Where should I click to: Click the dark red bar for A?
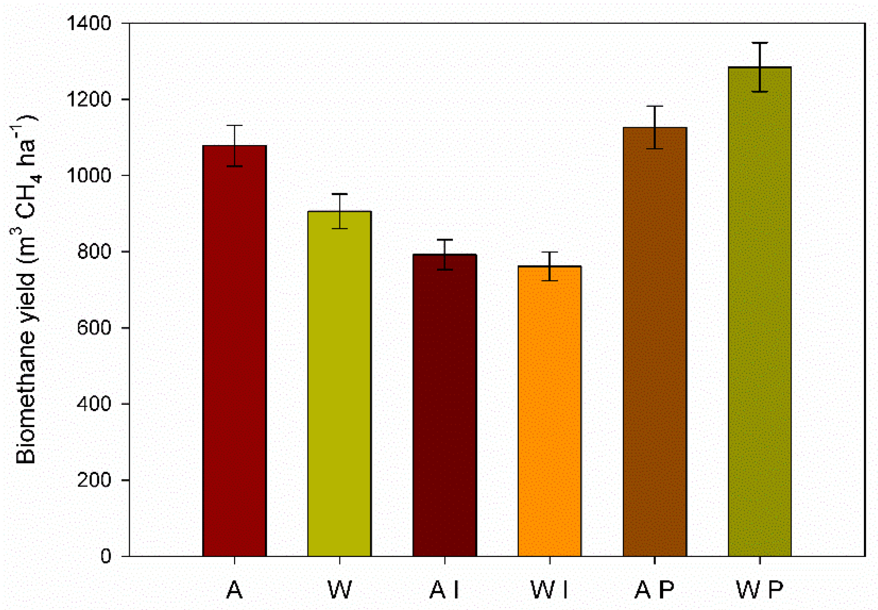click(x=234, y=351)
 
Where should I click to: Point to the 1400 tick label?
click(x=89, y=23)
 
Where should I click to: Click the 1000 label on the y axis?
click(x=89, y=176)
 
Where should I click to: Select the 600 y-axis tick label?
click(x=94, y=328)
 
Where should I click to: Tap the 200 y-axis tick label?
click(x=94, y=480)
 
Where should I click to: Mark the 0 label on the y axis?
click(x=106, y=556)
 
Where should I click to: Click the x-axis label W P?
click(x=760, y=590)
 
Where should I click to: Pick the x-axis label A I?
click(x=445, y=590)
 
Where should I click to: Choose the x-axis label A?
click(x=234, y=590)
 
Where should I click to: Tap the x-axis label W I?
click(x=550, y=590)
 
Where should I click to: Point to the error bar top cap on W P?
click(x=760, y=43)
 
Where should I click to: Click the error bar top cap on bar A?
click(x=234, y=126)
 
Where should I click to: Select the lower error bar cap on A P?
click(x=655, y=149)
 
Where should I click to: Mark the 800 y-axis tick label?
click(x=94, y=252)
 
